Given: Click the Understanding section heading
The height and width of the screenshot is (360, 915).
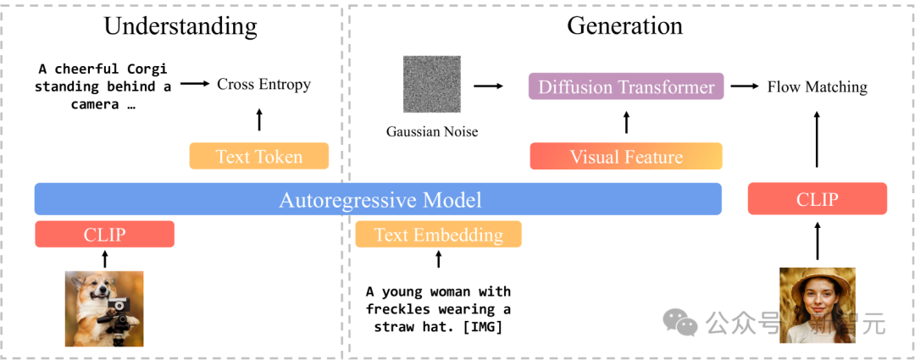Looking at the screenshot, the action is pyautogui.click(x=180, y=26).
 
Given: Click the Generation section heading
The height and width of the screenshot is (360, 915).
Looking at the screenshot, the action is pyautogui.click(x=624, y=25).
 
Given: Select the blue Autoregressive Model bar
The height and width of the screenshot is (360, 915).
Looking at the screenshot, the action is pyautogui.click(x=378, y=199).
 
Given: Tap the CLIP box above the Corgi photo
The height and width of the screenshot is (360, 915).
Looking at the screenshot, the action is pyautogui.click(x=105, y=234).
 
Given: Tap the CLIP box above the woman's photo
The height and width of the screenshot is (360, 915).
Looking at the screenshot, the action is pyautogui.click(x=817, y=198).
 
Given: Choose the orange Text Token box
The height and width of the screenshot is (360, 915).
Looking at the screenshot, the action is pyautogui.click(x=259, y=157).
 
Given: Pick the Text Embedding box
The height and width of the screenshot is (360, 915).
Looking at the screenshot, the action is pyautogui.click(x=438, y=234).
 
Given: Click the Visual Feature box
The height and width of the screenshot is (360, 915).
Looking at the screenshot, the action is pyautogui.click(x=626, y=157).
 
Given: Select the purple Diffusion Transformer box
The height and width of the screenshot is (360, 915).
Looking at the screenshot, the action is pyautogui.click(x=626, y=86).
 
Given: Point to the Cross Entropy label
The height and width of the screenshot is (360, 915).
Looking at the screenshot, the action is pyautogui.click(x=263, y=85).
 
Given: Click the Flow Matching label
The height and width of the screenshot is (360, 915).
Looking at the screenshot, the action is pyautogui.click(x=817, y=87).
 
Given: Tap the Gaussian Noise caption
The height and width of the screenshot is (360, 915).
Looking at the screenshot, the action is pyautogui.click(x=432, y=132).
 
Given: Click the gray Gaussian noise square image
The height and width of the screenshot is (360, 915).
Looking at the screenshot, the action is pyautogui.click(x=432, y=84).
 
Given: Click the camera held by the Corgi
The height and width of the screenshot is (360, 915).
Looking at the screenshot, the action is pyautogui.click(x=119, y=306).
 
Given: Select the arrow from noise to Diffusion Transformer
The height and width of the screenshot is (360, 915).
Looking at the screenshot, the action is pyautogui.click(x=488, y=86).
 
